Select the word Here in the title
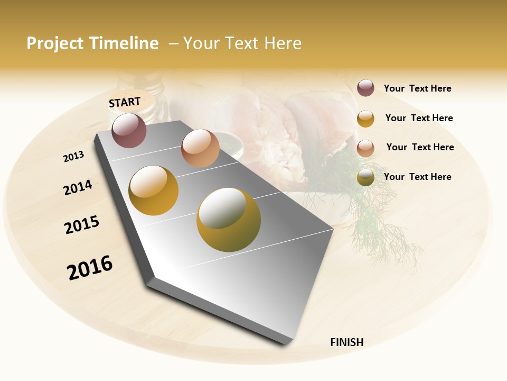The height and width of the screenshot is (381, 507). tap(283, 43)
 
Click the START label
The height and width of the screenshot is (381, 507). tap(125, 102)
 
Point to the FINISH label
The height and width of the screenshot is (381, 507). tap(347, 342)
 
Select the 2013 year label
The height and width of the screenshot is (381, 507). tap(73, 157)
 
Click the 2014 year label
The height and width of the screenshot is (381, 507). tap(78, 187)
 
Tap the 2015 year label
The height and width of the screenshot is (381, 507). tap(82, 225)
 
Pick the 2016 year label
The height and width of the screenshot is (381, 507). tap(90, 268)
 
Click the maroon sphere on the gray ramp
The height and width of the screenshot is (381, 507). tap(129, 130)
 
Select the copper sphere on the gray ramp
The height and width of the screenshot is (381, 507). tap(200, 148)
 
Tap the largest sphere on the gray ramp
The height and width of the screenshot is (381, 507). tap(229, 220)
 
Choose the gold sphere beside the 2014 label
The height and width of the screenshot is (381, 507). tap(154, 190)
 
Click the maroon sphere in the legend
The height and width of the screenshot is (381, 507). tap(365, 88)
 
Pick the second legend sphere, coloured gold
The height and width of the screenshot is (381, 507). tap(365, 119)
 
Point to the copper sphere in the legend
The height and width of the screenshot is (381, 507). tap(365, 148)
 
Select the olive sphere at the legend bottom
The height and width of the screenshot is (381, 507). tap(365, 177)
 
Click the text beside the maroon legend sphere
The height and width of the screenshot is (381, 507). tap(417, 88)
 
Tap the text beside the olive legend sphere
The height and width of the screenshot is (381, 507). tap(417, 177)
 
